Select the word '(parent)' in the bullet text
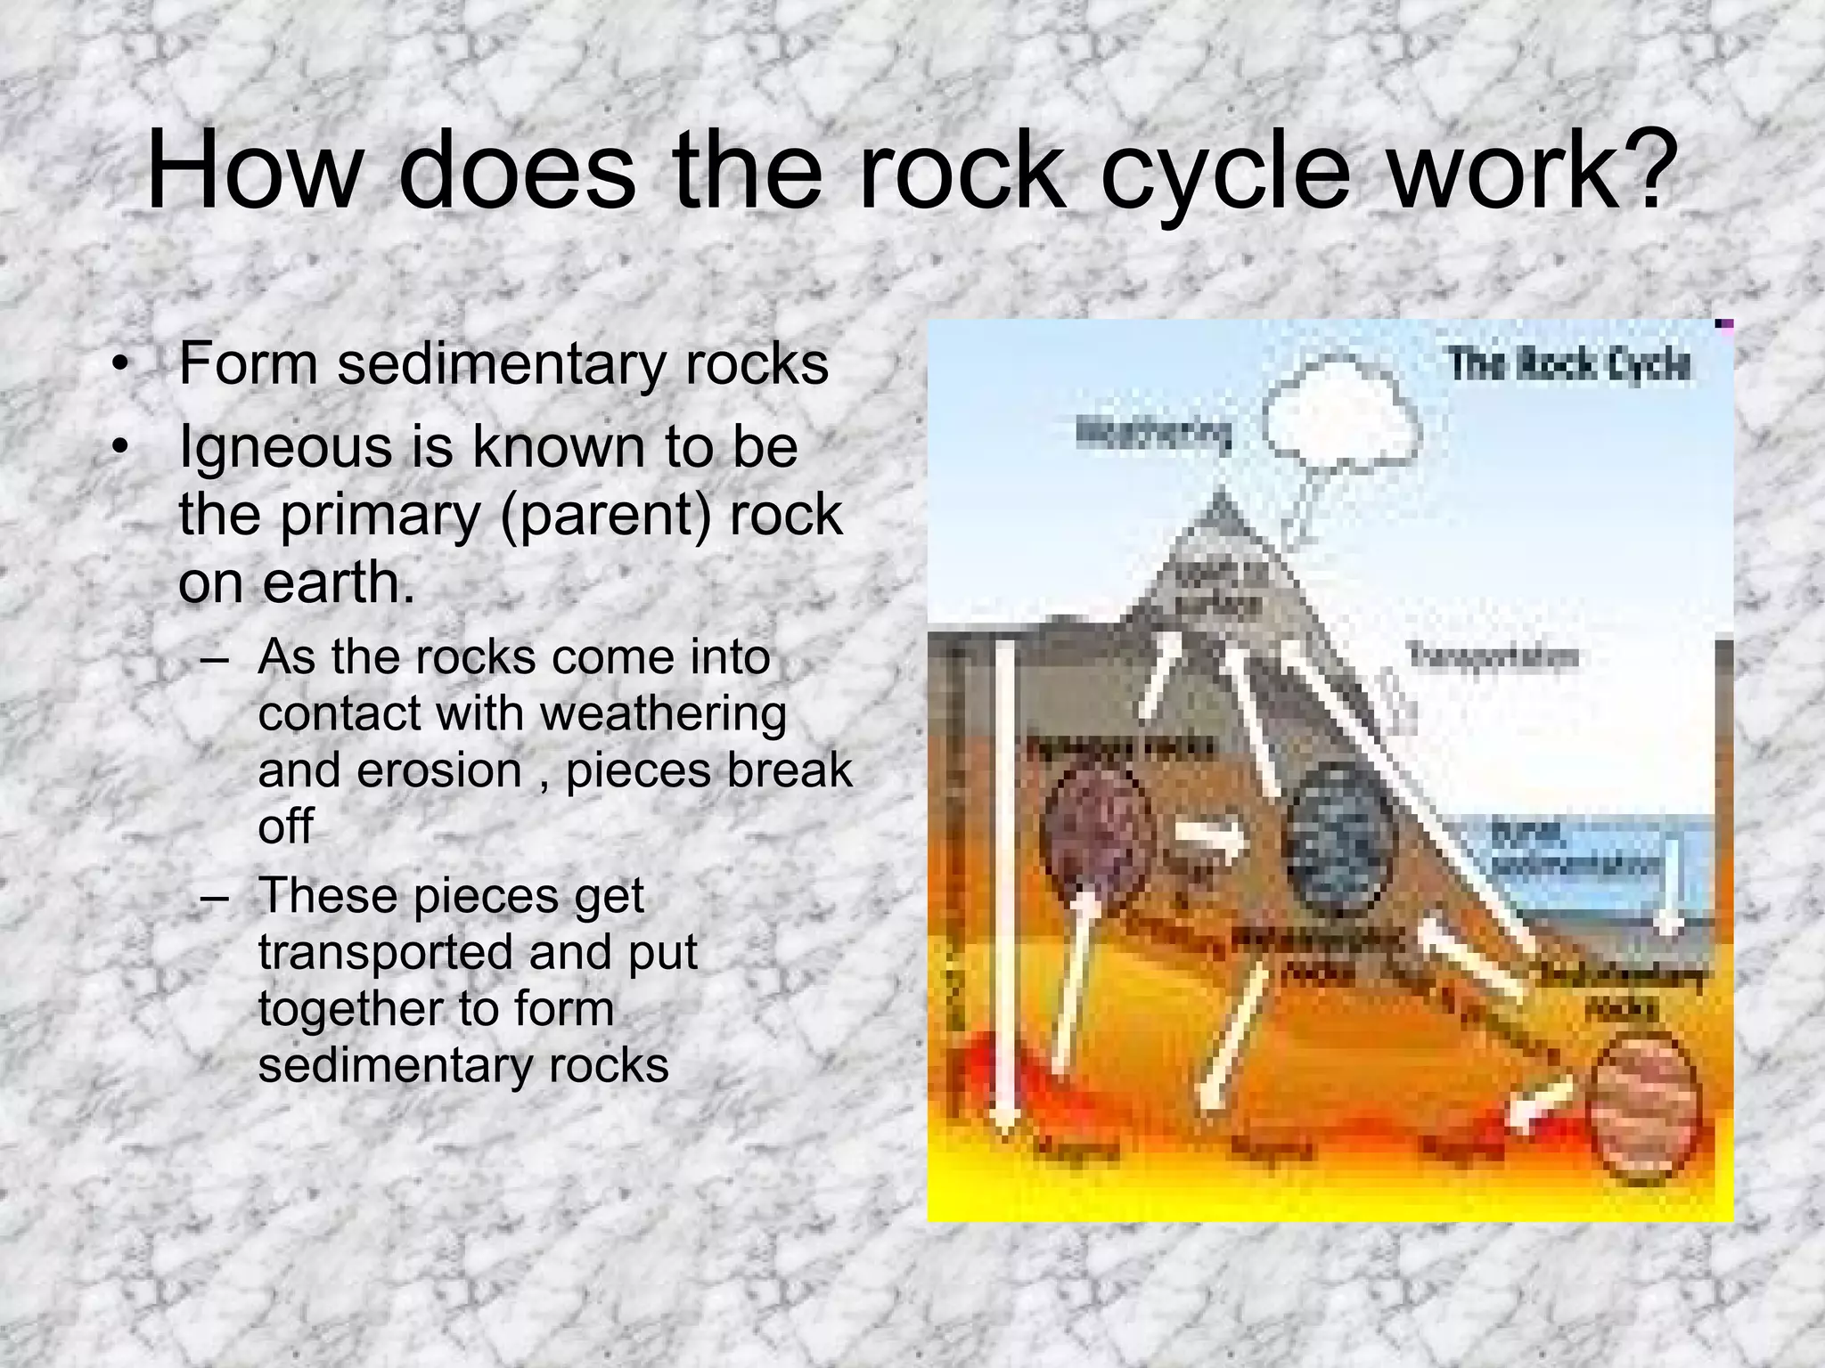coord(606,515)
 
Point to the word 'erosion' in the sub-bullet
coord(439,770)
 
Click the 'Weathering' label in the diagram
coord(1155,435)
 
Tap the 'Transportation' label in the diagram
coord(1492,657)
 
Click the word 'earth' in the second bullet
coord(334,583)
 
